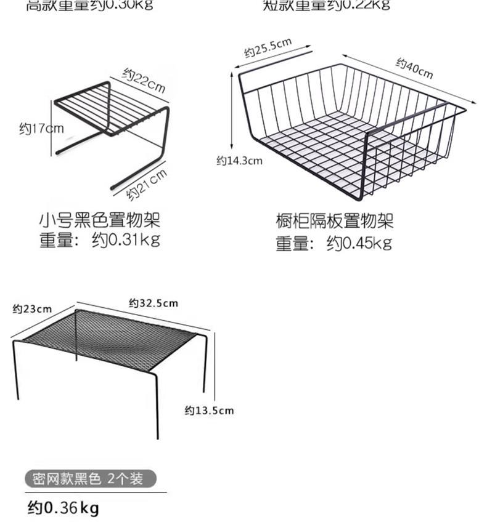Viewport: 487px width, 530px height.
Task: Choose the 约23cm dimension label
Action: pyautogui.click(x=32, y=308)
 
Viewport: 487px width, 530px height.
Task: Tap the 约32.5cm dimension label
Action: pyautogui.click(x=153, y=302)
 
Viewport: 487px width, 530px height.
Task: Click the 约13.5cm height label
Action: pyautogui.click(x=210, y=410)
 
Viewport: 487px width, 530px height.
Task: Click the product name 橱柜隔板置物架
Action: pyautogui.click(x=334, y=220)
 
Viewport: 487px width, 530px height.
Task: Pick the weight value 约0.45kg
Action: pyautogui.click(x=359, y=243)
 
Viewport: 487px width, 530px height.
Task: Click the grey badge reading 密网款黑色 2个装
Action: pyautogui.click(x=91, y=478)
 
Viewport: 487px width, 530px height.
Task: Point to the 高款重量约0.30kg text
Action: pyautogui.click(x=90, y=6)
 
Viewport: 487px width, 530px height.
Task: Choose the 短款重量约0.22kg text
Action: pyautogui.click(x=327, y=6)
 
